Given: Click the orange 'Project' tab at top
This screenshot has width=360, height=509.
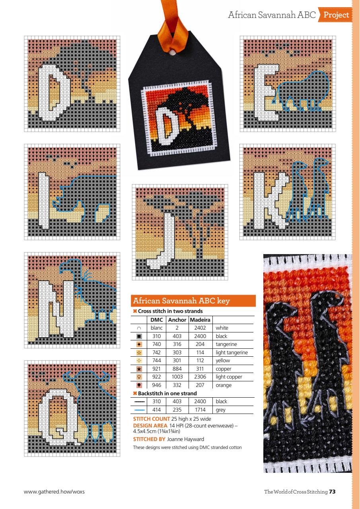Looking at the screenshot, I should pyautogui.click(x=336, y=16).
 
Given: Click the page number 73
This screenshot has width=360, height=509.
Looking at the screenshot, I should pyautogui.click(x=332, y=492).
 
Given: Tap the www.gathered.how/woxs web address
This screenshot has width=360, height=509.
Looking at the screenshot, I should pyautogui.click(x=54, y=492).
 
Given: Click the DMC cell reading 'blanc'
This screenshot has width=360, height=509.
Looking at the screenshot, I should pyautogui.click(x=157, y=328).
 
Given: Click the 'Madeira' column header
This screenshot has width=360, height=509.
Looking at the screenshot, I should pyautogui.click(x=200, y=320).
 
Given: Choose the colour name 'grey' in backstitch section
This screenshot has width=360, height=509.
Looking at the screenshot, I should pyautogui.click(x=221, y=409).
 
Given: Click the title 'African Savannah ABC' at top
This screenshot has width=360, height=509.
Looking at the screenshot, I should pyautogui.click(x=272, y=16).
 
